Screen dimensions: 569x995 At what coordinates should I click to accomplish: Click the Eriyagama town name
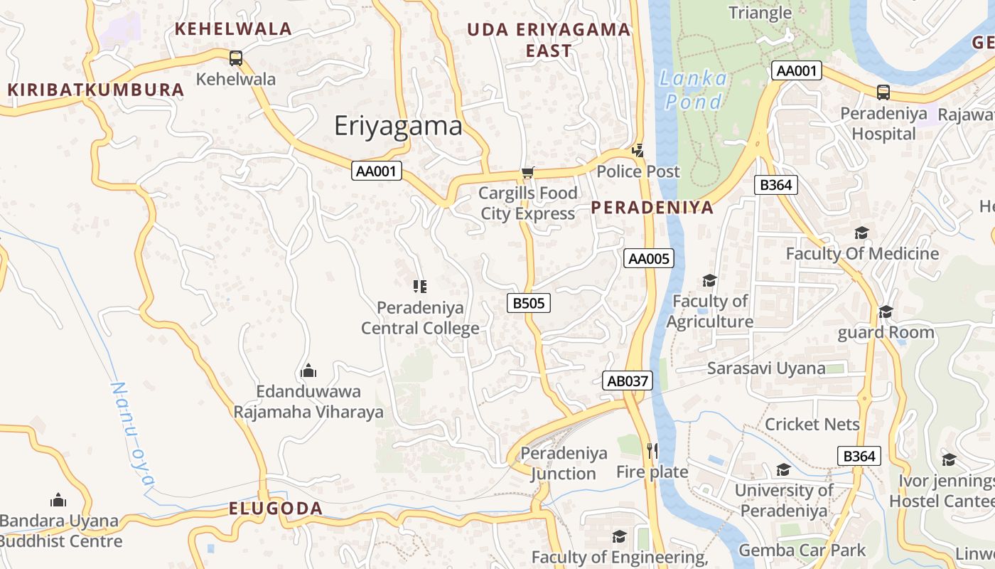[x=398, y=126]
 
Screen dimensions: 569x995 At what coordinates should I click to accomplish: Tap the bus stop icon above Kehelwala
[x=236, y=58]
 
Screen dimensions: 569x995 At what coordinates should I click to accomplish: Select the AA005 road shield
[x=648, y=258]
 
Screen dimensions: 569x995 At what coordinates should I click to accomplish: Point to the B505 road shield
[x=529, y=303]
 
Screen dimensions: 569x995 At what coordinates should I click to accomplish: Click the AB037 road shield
[x=627, y=381]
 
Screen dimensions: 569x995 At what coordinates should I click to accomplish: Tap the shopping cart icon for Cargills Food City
[x=527, y=173]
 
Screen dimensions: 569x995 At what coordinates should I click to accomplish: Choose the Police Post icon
[x=638, y=150]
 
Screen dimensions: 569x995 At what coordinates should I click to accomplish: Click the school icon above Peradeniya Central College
[x=420, y=287]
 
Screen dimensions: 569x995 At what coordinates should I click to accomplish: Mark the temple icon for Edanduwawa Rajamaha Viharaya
[x=308, y=371]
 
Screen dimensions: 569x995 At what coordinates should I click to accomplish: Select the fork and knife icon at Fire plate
[x=652, y=450]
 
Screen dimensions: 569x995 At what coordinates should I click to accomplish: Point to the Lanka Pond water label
[x=693, y=90]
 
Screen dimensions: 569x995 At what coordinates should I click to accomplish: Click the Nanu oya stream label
[x=132, y=433]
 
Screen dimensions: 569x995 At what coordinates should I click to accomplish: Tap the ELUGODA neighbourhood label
[x=276, y=509]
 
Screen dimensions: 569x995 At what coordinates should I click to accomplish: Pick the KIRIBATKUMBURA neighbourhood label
[x=96, y=90]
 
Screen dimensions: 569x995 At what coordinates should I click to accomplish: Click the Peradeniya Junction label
[x=564, y=463]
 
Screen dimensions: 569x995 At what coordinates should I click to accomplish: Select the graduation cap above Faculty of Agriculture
[x=709, y=280]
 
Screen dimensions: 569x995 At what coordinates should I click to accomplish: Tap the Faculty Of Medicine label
[x=862, y=253]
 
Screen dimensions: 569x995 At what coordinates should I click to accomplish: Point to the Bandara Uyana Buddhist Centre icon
[x=58, y=500]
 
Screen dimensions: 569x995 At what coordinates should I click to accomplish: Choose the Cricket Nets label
[x=812, y=424]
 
